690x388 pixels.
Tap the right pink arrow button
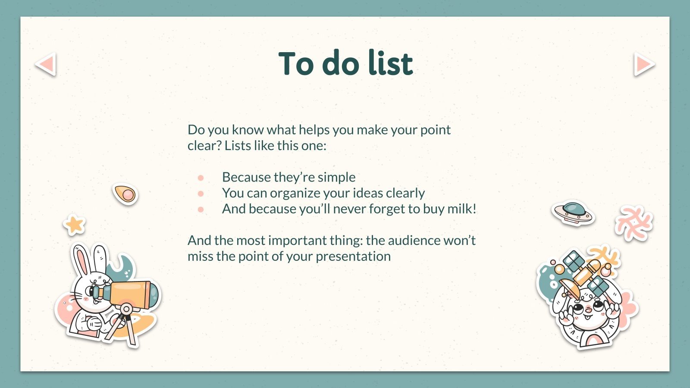(644, 64)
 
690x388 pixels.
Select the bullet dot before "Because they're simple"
(201, 178)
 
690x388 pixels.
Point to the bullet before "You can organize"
(201, 194)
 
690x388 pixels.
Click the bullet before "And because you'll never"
(201, 210)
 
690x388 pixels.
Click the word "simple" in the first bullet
(336, 178)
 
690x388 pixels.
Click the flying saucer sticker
(573, 213)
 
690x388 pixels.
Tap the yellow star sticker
(74, 225)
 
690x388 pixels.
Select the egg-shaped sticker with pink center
(125, 194)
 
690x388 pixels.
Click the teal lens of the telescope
(154, 294)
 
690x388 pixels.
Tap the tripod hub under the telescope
(125, 309)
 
